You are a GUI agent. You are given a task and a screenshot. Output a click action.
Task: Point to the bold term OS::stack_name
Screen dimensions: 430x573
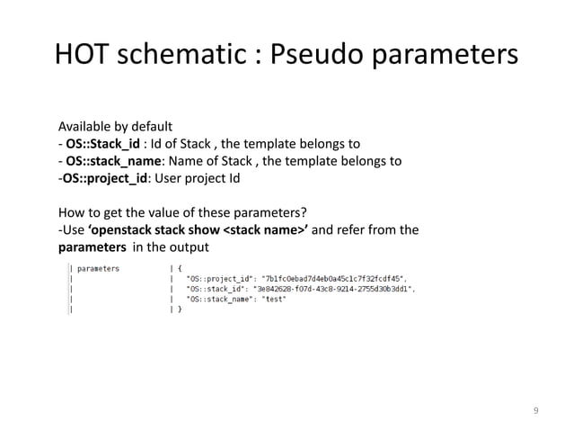108,161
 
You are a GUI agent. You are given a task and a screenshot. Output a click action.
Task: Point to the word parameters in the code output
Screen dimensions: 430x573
100,267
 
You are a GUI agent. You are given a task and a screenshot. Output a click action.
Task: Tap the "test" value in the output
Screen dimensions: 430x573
274,299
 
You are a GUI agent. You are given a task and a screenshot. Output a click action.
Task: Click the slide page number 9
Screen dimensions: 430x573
535,411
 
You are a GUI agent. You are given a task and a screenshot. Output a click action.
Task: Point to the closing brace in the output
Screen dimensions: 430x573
180,309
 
